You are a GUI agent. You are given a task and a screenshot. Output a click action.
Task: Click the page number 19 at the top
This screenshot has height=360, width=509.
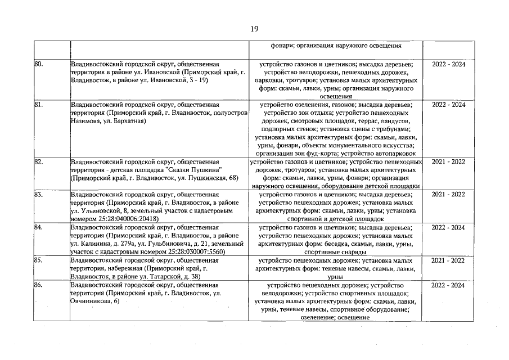[x=254, y=29]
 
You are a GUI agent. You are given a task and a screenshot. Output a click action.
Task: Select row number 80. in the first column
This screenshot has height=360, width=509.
[x=39, y=65]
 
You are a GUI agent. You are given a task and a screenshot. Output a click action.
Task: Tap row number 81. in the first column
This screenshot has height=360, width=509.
[x=39, y=105]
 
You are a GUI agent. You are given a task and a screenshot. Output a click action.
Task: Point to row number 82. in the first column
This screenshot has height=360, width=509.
[x=39, y=162]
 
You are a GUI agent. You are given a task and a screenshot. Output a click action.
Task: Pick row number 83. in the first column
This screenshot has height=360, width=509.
[x=39, y=195]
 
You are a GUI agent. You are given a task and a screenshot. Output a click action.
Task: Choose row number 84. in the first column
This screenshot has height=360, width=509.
[x=39, y=228]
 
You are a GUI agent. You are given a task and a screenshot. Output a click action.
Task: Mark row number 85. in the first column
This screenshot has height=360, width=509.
[x=39, y=260]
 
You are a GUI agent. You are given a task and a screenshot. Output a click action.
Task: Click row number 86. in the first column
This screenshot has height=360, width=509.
[x=39, y=285]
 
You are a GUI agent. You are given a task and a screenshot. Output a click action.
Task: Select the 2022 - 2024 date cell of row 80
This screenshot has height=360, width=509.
[x=448, y=65]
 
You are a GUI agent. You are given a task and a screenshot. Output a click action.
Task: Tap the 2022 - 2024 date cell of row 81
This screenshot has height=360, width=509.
[x=448, y=105]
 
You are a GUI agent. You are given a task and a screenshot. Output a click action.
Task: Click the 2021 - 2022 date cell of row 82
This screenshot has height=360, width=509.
[x=448, y=162]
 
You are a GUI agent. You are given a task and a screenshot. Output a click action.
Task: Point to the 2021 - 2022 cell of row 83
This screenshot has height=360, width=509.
[x=448, y=195]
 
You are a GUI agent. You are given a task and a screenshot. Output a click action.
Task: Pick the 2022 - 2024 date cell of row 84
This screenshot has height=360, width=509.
[x=448, y=228]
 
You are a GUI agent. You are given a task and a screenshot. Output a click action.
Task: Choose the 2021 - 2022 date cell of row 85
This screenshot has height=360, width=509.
[x=448, y=260]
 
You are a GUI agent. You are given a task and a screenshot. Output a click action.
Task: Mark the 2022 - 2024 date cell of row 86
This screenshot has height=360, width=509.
[x=448, y=285]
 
